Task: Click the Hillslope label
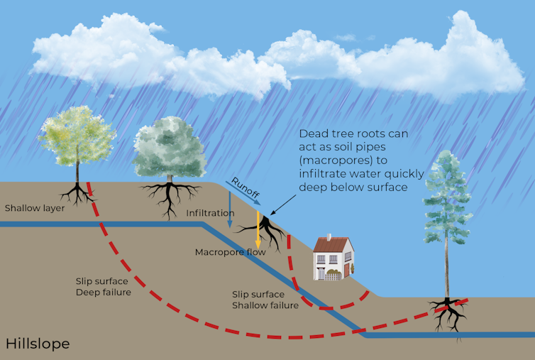(x=38, y=344)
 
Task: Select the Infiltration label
(x=210, y=213)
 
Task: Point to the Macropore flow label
(x=230, y=252)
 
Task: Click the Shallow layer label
(x=34, y=209)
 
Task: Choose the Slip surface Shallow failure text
(x=265, y=300)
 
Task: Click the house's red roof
(x=332, y=245)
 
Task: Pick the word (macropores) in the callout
(x=332, y=160)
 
